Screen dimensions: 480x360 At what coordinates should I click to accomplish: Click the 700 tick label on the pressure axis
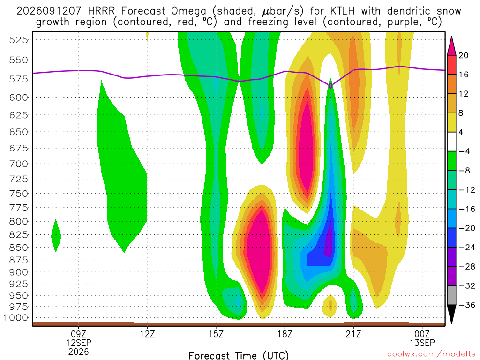(19, 164)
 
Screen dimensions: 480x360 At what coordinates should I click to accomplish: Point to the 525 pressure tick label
(19, 40)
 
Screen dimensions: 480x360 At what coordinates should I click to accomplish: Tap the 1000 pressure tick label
(16, 318)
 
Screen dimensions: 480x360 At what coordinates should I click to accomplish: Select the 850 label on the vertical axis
(19, 247)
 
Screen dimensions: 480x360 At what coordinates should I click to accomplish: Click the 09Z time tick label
(79, 334)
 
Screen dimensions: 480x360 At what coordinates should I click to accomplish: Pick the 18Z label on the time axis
(285, 334)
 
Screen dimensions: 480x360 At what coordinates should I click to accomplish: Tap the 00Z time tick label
(422, 334)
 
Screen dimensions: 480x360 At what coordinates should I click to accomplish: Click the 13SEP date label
(422, 343)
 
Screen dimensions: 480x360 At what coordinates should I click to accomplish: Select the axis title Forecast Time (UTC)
(239, 355)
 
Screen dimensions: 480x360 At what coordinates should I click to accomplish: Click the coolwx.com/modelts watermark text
(431, 354)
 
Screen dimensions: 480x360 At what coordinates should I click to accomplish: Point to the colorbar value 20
(464, 55)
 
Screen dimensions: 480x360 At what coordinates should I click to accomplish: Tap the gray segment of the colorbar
(451, 295)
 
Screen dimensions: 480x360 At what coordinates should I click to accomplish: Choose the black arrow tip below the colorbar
(451, 323)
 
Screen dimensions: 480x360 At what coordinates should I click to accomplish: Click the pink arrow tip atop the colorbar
(451, 37)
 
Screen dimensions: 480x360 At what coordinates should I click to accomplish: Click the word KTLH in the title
(343, 11)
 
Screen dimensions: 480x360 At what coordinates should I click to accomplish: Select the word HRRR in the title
(101, 11)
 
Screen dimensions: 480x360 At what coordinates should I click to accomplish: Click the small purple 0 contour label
(330, 86)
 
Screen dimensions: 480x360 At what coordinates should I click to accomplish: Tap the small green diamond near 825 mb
(56, 236)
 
